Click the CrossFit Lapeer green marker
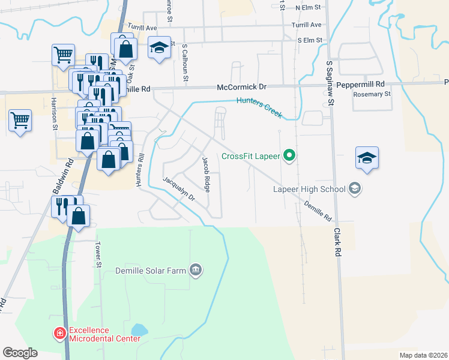pyautogui.click(x=290, y=157)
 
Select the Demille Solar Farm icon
pyautogui.click(x=195, y=271)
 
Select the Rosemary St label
pyautogui.click(x=372, y=94)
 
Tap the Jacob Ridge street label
pyautogui.click(x=206, y=175)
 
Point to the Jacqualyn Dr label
pyautogui.click(x=179, y=188)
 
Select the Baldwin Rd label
pyautogui.click(x=70, y=171)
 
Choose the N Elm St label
pyautogui.click(x=309, y=8)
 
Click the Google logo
pyautogui.click(x=20, y=353)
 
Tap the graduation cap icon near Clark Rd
pyautogui.click(x=367, y=158)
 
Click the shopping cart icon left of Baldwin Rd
pyautogui.click(x=20, y=121)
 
